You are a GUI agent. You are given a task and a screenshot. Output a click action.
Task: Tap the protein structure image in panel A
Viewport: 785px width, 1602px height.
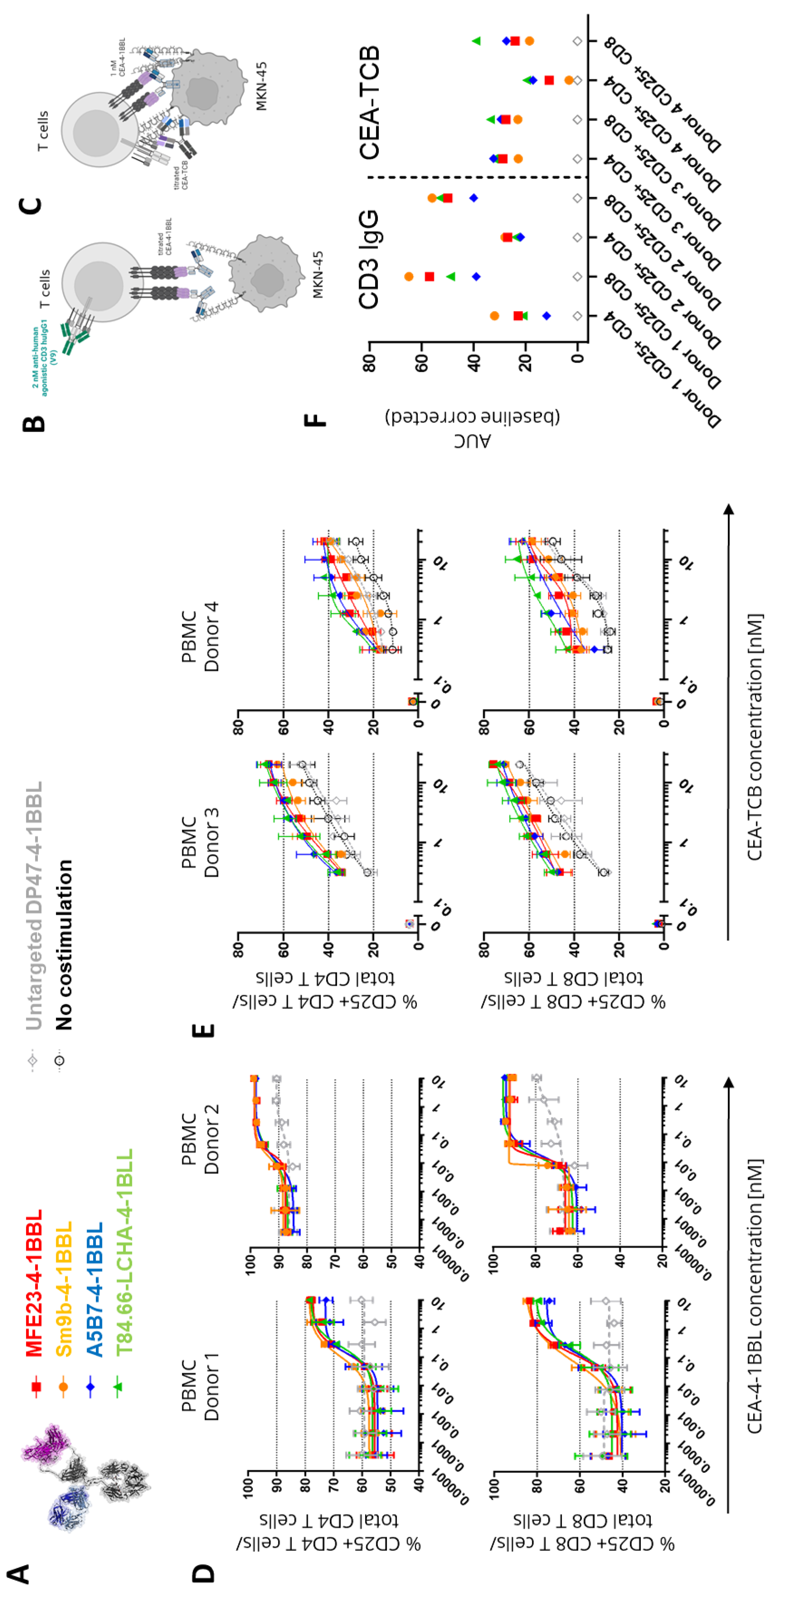93,1474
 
